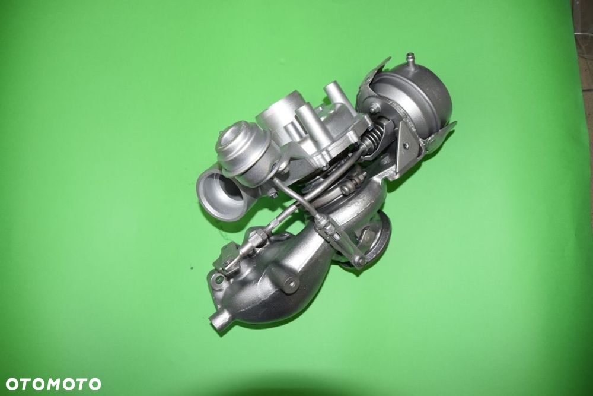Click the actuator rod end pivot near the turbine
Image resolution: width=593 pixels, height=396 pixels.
click(358, 260)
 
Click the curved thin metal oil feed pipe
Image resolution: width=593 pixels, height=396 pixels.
click(296, 202)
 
